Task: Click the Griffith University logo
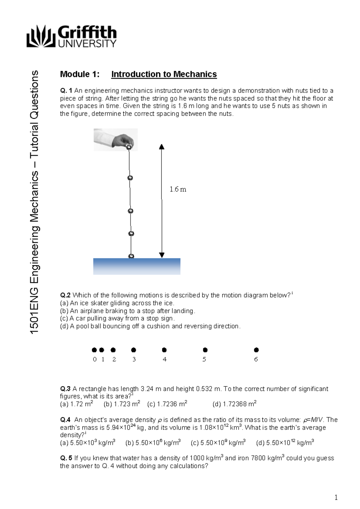pyautogui.click(x=71, y=36)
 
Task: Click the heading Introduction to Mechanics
pyautogui.click(x=164, y=74)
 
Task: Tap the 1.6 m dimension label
pyautogui.click(x=178, y=189)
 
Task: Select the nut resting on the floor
pyautogui.click(x=131, y=256)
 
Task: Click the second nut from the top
pyautogui.click(x=130, y=178)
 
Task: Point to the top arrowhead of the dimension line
pyautogui.click(x=162, y=147)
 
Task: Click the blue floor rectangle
pyautogui.click(x=137, y=266)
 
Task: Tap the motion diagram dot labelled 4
pyautogui.click(x=164, y=350)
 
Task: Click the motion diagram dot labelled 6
pyautogui.click(x=256, y=350)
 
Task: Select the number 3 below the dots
pyautogui.click(x=134, y=359)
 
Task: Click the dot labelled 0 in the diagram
pyautogui.click(x=94, y=350)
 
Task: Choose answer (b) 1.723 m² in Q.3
pyautogui.click(x=121, y=404)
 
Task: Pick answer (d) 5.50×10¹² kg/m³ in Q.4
pyautogui.click(x=285, y=443)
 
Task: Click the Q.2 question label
pyautogui.click(x=65, y=295)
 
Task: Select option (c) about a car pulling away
pyautogui.click(x=117, y=318)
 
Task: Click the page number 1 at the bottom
pyautogui.click(x=336, y=498)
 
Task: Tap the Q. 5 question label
pyautogui.click(x=66, y=458)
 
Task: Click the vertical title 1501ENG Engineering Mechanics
pyautogui.click(x=35, y=202)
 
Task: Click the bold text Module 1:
pyautogui.click(x=79, y=74)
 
